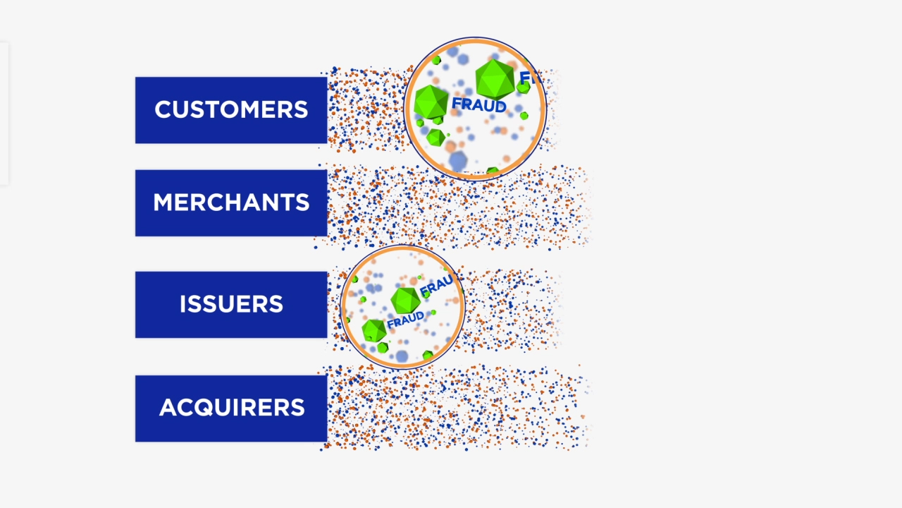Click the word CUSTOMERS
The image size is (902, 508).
click(x=231, y=110)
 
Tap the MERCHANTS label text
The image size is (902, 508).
click(x=231, y=203)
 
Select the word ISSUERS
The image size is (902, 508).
click(x=231, y=305)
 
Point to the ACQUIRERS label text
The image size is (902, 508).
click(x=232, y=408)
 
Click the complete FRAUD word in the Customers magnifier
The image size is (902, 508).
click(x=479, y=106)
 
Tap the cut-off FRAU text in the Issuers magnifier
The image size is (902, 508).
click(x=437, y=286)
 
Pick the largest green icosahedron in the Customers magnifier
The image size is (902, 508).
click(x=495, y=78)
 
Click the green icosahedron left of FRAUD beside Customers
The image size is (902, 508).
click(x=431, y=102)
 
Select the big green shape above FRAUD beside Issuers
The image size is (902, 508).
click(x=405, y=300)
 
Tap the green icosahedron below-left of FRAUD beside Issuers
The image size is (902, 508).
click(x=373, y=330)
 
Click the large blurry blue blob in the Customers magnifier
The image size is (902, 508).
click(x=458, y=161)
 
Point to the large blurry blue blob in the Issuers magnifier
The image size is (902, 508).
click(x=402, y=356)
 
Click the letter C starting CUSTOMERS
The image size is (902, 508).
click(x=163, y=110)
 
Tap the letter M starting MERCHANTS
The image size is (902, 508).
click(x=162, y=203)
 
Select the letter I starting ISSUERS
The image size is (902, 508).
click(x=183, y=305)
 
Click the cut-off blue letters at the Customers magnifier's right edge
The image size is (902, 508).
click(x=529, y=77)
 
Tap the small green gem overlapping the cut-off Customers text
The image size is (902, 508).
click(x=523, y=87)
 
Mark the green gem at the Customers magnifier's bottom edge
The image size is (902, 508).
click(x=492, y=171)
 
